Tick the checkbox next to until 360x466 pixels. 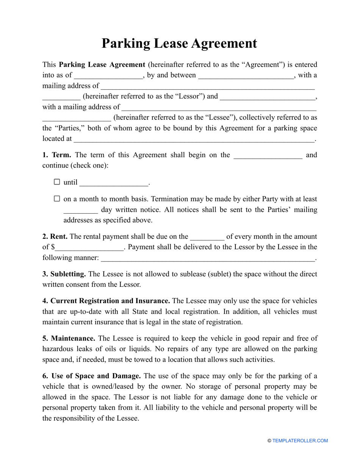(x=57, y=182)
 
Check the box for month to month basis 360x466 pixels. (x=57, y=199)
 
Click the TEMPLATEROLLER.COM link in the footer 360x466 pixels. (x=300, y=441)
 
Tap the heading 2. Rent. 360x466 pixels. (x=55, y=236)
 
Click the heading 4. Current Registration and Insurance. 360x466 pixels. (x=106, y=301)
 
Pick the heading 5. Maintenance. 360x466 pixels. (x=69, y=338)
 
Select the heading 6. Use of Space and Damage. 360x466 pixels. (x=92, y=376)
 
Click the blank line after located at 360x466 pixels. (x=194, y=139)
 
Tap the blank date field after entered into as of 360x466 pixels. (x=108, y=76)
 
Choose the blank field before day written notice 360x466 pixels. (x=80, y=210)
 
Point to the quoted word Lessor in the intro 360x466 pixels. (x=190, y=96)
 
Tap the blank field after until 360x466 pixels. (x=114, y=183)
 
